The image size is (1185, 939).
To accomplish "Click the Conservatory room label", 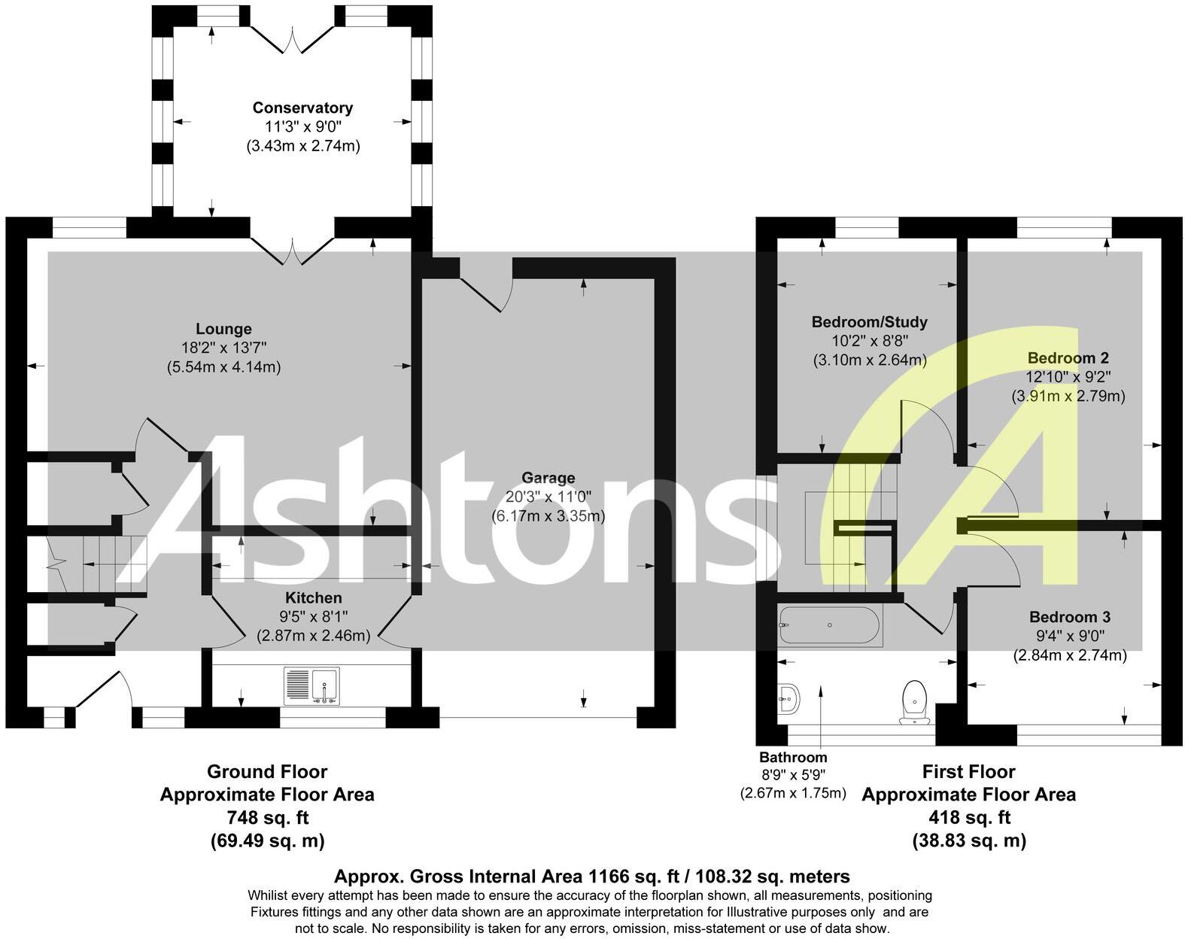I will point(302,108).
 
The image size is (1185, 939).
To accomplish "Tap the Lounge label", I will point(223,329).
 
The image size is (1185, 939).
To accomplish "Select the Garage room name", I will point(548,478).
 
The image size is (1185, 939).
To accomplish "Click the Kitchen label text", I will point(313,597).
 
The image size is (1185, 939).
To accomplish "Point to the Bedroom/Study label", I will point(869,322).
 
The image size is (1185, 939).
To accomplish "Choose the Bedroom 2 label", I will point(1068,357).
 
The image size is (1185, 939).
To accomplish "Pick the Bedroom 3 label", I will point(1069,617).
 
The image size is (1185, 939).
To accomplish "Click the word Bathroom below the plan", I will point(792,757).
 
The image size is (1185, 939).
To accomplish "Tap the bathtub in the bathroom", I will point(829,625).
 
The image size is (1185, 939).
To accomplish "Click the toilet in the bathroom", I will point(913,700).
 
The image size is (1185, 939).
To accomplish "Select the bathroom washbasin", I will point(788,699).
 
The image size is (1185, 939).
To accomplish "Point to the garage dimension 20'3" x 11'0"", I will point(548,497).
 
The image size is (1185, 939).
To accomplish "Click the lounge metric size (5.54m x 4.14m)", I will point(223,367).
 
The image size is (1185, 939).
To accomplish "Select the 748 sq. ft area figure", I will point(267,817).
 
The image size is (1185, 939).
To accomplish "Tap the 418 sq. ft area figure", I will point(969,817).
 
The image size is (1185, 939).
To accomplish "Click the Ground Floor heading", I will point(267,772).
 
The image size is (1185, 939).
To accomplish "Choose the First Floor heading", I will point(969,772).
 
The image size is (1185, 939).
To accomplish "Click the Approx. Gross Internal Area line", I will point(591,877).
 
